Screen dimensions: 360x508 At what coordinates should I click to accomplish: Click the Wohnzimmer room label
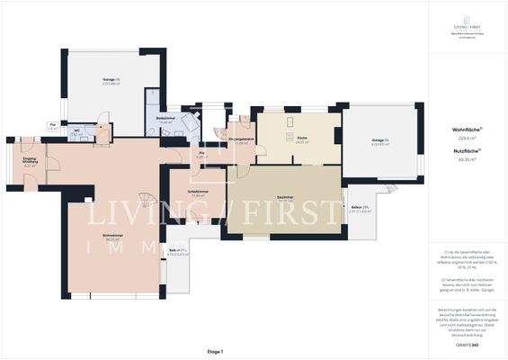(113, 238)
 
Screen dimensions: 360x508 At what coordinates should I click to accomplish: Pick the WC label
(78, 130)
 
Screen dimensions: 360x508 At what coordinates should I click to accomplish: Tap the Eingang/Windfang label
(30, 161)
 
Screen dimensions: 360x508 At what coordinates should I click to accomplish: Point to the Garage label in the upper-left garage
(111, 82)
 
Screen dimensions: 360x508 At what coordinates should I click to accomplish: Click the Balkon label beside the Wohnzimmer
(176, 252)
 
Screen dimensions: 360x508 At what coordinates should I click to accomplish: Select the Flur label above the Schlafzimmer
(202, 155)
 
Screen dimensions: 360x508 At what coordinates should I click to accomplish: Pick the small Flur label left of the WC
(53, 125)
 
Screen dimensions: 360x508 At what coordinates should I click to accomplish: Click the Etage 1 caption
(214, 351)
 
